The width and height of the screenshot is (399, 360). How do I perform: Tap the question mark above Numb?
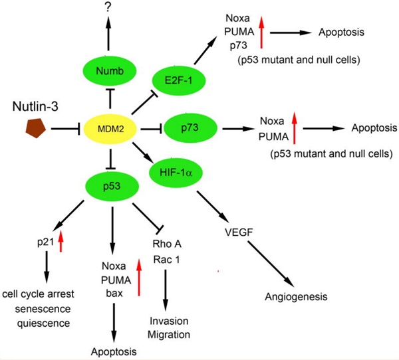(110, 9)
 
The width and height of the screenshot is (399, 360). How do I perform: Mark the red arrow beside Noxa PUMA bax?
(138, 279)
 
